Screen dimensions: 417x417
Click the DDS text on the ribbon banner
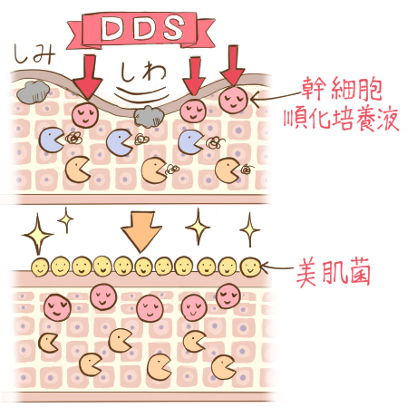(x=142, y=28)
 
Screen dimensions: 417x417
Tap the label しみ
(x=34, y=54)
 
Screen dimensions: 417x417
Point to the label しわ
(x=143, y=73)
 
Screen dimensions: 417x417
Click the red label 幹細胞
(x=342, y=89)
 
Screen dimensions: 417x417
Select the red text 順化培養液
(x=341, y=120)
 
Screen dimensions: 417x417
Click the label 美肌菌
(x=333, y=273)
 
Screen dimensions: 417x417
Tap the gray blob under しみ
(x=33, y=92)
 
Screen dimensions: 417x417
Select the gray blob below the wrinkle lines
(x=149, y=116)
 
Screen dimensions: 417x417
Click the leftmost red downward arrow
(x=88, y=77)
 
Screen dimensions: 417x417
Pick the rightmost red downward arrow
(x=232, y=65)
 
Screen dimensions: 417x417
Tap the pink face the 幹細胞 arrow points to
(x=233, y=100)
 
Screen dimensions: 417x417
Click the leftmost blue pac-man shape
(x=51, y=141)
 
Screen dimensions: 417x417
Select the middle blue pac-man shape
(x=119, y=142)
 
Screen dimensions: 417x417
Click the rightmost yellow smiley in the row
(x=250, y=267)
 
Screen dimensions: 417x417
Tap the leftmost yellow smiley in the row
(x=41, y=267)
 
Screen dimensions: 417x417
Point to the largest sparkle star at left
(x=38, y=234)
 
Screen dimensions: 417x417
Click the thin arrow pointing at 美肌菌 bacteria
(x=276, y=267)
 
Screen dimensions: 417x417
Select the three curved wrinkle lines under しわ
(x=142, y=94)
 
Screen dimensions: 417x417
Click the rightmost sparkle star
(x=249, y=229)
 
